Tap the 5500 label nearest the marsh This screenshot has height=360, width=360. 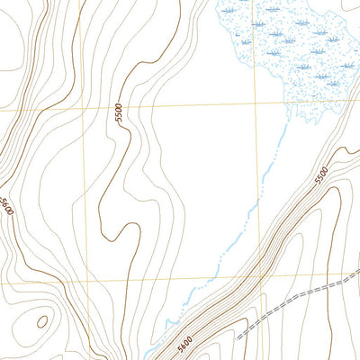pos(323,174)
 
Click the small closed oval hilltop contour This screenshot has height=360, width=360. pos(41,321)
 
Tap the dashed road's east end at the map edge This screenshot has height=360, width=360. pos(358,278)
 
